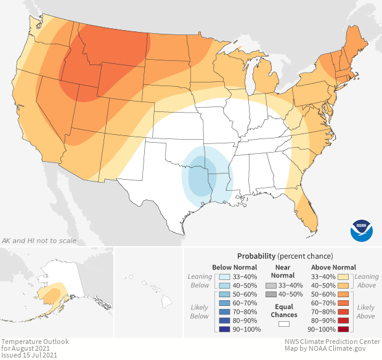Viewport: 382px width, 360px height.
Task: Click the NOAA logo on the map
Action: coord(362,230)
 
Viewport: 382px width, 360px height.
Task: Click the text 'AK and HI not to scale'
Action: coord(39,240)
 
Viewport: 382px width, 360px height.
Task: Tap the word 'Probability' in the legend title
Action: coord(256,255)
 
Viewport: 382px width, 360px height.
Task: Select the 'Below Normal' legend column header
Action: coord(234,267)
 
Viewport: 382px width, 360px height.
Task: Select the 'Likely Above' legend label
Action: coord(366,311)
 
